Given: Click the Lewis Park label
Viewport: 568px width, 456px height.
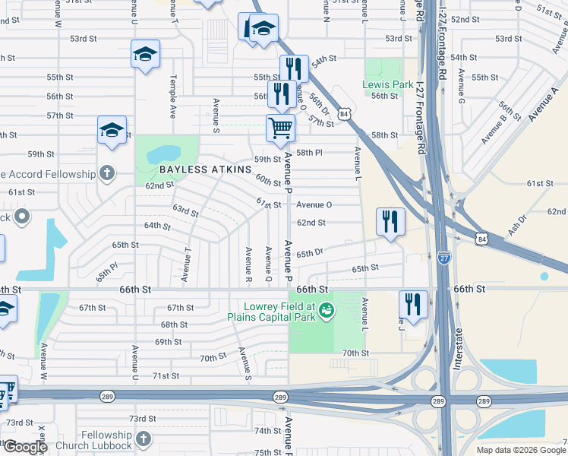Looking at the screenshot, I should tap(387, 84).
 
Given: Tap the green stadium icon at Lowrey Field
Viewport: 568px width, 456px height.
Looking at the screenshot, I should tap(327, 309).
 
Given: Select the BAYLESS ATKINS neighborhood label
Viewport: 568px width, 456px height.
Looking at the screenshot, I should tap(204, 169).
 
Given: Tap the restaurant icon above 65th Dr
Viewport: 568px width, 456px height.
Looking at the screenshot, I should tap(390, 221).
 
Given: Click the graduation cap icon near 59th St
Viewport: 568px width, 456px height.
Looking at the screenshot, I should tap(112, 130).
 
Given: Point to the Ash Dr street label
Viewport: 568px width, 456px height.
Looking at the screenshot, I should tap(518, 223).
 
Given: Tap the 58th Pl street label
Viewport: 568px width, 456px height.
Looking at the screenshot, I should tap(310, 153).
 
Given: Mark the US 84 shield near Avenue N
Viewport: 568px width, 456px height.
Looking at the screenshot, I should tap(345, 113).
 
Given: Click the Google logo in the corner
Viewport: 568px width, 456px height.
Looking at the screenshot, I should tap(24, 447).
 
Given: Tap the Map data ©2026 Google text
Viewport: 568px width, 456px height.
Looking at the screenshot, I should tap(520, 450).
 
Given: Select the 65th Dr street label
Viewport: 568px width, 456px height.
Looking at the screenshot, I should tap(311, 252).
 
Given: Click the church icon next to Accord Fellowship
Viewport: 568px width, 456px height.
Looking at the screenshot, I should tap(107, 173).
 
